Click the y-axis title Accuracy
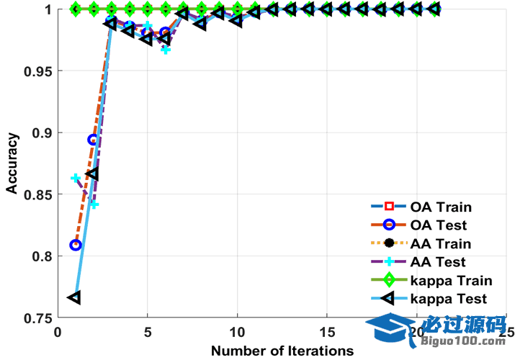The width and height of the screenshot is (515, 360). (12, 164)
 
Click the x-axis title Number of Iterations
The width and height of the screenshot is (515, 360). (282, 351)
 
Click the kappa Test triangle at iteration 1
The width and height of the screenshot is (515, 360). (74, 297)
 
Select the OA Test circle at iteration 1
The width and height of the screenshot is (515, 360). (75, 245)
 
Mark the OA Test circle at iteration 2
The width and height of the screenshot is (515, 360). (93, 140)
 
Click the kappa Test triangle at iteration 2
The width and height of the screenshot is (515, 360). (92, 174)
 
